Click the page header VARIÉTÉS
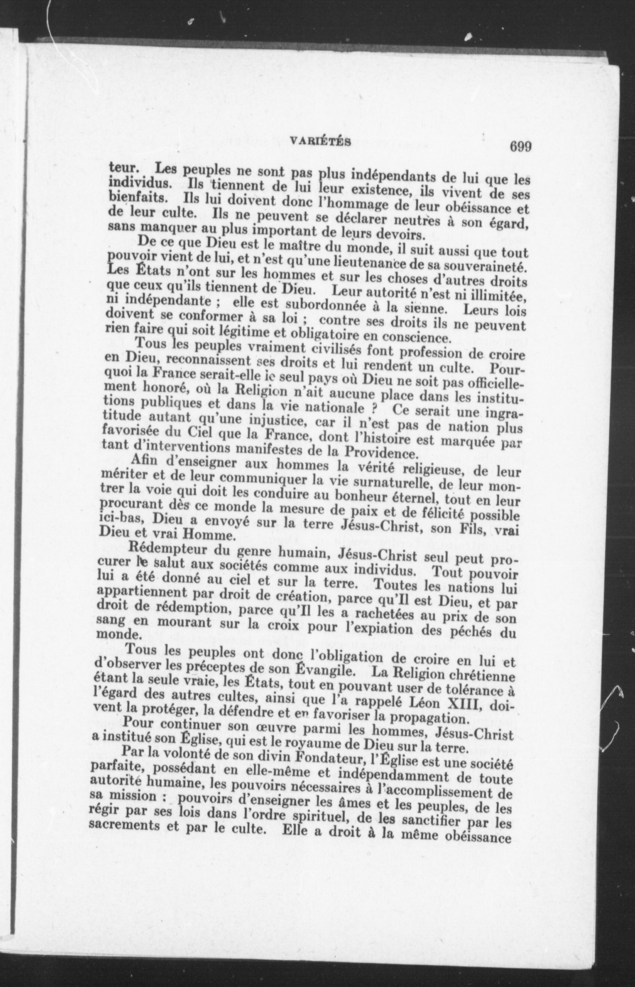click(320, 142)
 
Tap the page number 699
click(520, 147)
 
